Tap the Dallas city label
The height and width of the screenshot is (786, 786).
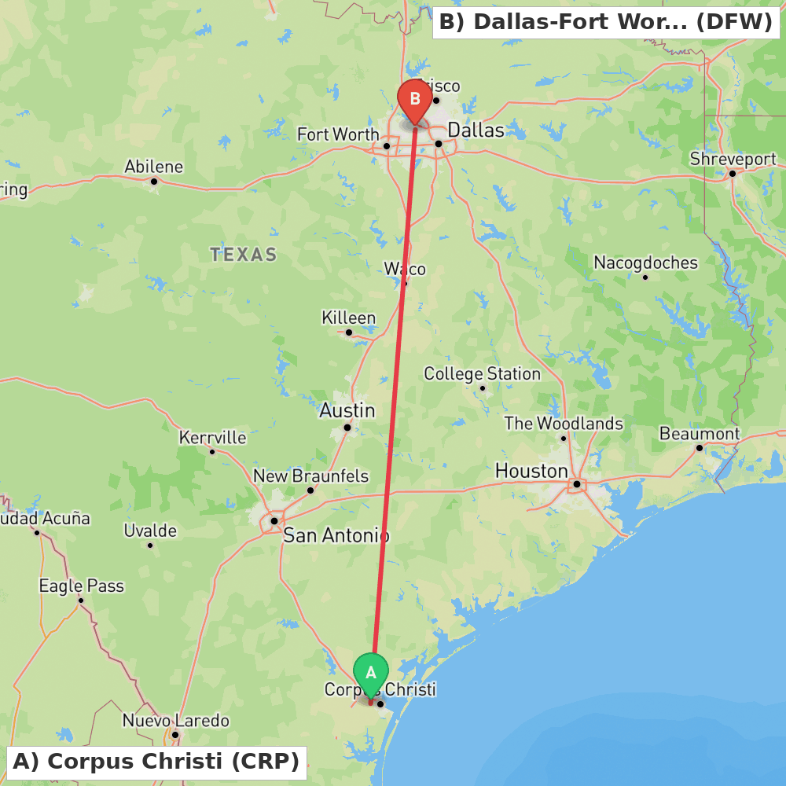click(476, 130)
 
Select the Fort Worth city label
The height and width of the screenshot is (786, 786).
click(338, 134)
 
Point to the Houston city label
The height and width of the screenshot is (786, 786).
click(531, 471)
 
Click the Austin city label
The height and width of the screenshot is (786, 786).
click(347, 410)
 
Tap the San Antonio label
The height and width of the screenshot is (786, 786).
click(336, 536)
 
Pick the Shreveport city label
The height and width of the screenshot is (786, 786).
click(733, 159)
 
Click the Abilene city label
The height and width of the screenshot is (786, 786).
click(154, 167)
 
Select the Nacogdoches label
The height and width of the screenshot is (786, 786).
click(645, 263)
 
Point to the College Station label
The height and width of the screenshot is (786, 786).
click(482, 373)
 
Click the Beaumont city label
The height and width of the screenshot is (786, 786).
click(699, 434)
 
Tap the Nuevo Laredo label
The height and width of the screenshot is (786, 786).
click(175, 721)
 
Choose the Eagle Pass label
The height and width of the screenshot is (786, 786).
click(81, 586)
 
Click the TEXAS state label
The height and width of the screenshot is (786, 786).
click(243, 255)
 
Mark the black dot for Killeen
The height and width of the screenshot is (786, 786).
click(349, 332)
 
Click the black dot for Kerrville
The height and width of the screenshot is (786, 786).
click(212, 451)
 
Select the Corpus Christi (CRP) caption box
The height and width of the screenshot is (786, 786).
click(156, 762)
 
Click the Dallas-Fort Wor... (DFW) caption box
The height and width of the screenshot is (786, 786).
click(606, 22)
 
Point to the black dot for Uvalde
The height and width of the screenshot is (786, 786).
click(150, 545)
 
